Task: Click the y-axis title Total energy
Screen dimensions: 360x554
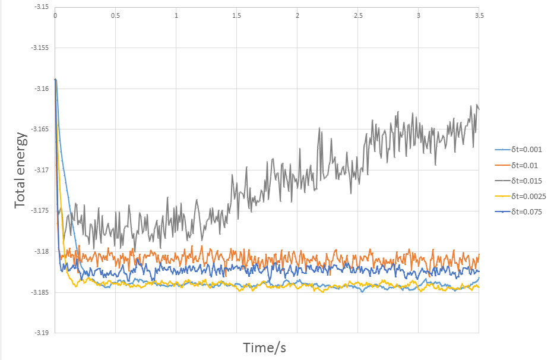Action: click(21, 169)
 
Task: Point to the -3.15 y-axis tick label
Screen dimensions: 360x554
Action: click(43, 8)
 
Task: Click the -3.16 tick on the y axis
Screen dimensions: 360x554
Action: click(43, 89)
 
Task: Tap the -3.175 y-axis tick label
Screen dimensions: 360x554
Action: click(42, 211)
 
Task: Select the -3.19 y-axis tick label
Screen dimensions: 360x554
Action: click(43, 333)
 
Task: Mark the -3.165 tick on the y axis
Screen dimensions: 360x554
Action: click(42, 130)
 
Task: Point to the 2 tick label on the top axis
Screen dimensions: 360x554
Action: click(297, 15)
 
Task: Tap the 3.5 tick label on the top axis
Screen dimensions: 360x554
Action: click(479, 15)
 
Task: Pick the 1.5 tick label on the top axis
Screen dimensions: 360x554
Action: click(237, 15)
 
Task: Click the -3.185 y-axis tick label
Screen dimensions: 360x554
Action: click(42, 292)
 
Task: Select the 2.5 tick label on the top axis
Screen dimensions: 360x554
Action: click(358, 15)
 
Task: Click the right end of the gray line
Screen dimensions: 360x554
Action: click(479, 109)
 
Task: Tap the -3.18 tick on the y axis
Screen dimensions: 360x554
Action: click(43, 251)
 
